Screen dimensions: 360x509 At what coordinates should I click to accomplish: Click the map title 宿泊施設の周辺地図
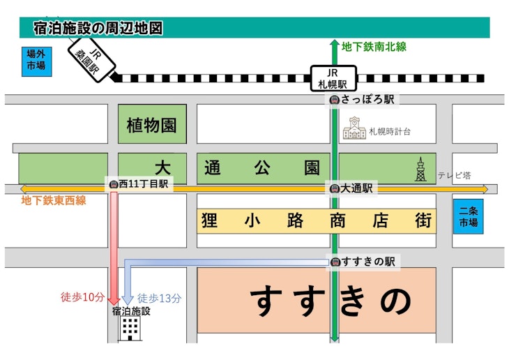[x=98, y=29]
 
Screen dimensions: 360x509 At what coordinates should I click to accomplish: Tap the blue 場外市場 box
[x=35, y=61]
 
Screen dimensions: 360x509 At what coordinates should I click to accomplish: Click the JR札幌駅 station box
[x=333, y=78]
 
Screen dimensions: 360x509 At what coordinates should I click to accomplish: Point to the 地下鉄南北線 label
[x=374, y=47]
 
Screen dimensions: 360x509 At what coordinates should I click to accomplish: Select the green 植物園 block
[x=151, y=125]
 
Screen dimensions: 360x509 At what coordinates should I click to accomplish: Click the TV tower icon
[x=420, y=169]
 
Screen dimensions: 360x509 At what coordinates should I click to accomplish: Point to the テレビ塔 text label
[x=454, y=175]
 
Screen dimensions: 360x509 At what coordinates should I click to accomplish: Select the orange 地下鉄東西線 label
[x=54, y=201]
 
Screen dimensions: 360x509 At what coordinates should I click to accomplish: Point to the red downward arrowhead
[x=112, y=299]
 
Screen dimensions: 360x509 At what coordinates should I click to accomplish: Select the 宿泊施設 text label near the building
[x=131, y=311]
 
